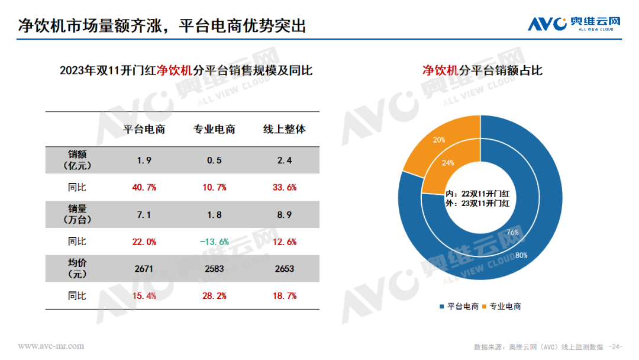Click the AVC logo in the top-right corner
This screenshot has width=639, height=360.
click(x=574, y=24)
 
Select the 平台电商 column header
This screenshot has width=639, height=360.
click(x=144, y=129)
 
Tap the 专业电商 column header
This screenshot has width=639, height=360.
click(x=214, y=129)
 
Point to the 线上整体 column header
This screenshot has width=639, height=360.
click(x=284, y=129)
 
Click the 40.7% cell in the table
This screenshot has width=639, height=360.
click(x=144, y=188)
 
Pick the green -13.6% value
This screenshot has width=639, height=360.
click(x=214, y=242)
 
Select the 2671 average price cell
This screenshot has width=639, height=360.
click(x=144, y=269)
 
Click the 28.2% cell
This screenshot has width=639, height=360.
click(x=214, y=295)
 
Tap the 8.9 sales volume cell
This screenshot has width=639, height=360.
click(x=284, y=215)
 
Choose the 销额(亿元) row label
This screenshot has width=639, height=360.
click(x=77, y=160)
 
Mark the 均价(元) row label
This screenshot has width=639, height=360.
click(x=77, y=269)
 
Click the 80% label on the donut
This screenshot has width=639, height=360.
click(x=521, y=256)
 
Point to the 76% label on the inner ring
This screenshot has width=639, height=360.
click(x=512, y=233)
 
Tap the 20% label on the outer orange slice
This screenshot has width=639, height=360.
click(x=440, y=140)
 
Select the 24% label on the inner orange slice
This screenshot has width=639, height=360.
click(x=448, y=163)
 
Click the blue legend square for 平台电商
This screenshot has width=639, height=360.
click(x=441, y=306)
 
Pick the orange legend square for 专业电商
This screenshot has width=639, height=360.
click(x=485, y=306)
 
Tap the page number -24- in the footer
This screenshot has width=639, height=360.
click(x=616, y=346)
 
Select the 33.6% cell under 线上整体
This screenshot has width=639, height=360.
click(x=284, y=188)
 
